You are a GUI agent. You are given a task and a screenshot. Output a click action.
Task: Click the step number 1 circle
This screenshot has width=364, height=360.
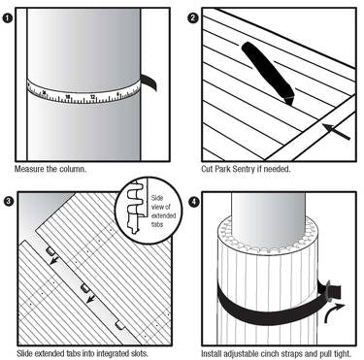click(x=7, y=18)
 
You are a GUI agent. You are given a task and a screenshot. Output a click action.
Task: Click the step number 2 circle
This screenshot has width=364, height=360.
click(x=193, y=17)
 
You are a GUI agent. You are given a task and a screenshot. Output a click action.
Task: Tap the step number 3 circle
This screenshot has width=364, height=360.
click(x=9, y=202)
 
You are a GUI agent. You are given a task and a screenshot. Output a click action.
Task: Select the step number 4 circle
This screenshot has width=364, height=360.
click(x=194, y=202)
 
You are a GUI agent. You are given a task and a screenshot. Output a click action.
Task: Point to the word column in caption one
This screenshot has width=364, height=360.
click(x=74, y=169)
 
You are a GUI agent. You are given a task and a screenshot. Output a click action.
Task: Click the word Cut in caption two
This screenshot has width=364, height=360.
click(x=207, y=169)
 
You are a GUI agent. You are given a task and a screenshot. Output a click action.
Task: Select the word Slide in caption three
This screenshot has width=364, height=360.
click(x=24, y=353)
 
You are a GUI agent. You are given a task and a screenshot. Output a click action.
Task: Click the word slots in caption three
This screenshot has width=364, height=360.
click(x=140, y=353)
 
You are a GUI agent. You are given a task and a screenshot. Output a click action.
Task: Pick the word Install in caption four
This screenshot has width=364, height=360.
click(x=211, y=353)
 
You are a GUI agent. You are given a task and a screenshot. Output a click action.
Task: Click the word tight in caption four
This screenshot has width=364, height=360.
click(x=343, y=353)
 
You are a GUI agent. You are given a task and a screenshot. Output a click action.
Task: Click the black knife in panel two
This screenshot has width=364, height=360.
click(x=269, y=73)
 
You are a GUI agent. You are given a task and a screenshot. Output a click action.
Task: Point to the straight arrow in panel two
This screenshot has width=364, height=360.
click(x=336, y=132)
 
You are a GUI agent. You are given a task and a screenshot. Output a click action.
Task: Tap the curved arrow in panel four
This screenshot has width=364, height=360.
click(x=333, y=312)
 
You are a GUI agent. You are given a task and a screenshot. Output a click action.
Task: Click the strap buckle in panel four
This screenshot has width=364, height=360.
click(x=327, y=290)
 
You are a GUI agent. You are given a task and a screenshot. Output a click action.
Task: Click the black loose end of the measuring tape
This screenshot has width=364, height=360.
click(x=149, y=82)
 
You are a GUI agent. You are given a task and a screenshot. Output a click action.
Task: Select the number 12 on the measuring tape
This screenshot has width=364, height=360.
click(x=92, y=97)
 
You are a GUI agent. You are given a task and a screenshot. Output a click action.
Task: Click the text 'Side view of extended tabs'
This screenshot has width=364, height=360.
click(x=163, y=211)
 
